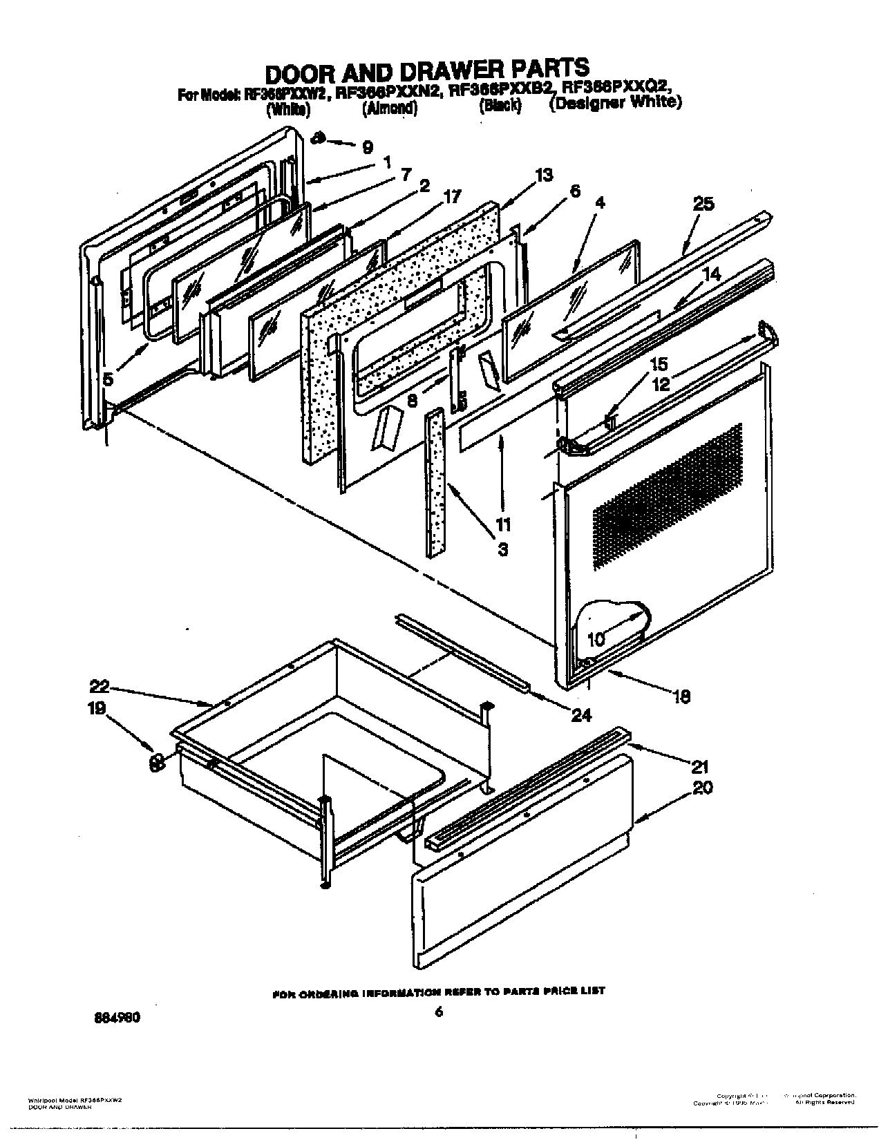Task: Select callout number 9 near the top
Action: (x=368, y=147)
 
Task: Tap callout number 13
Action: (x=543, y=175)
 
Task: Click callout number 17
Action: (x=451, y=196)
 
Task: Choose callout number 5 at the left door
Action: (x=109, y=379)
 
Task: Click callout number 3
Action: (x=502, y=550)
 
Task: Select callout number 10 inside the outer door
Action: (x=595, y=640)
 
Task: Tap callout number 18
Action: (x=681, y=697)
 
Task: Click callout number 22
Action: (x=99, y=686)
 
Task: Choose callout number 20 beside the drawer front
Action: (x=703, y=788)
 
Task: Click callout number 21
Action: (x=701, y=766)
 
